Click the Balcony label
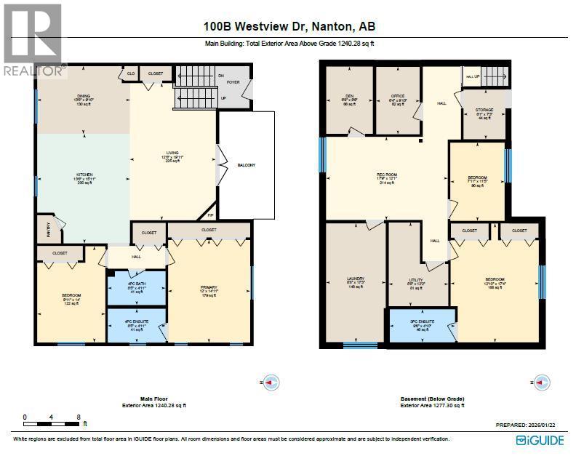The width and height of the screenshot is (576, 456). click(246, 165)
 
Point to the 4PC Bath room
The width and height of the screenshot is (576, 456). click(137, 287)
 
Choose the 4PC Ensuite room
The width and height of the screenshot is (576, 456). click(137, 326)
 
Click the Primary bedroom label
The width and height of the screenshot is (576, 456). click(209, 291)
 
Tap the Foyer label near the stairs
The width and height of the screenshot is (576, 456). click(234, 82)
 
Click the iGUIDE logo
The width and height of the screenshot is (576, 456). click(542, 440)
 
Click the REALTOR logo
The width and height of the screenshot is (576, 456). click(32, 40)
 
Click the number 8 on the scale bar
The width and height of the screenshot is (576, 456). click(78, 417)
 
